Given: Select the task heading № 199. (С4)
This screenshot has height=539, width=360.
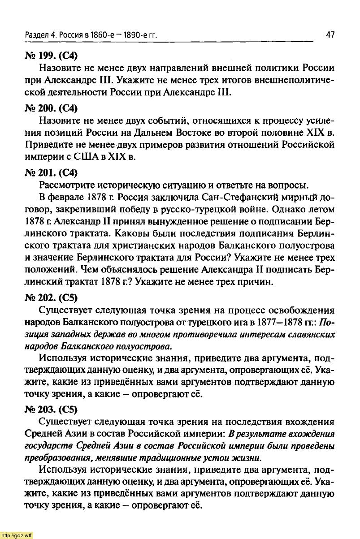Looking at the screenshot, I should [45, 56].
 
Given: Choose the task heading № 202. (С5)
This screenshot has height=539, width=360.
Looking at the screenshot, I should [45, 297].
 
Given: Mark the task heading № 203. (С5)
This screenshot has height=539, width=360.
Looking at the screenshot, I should [45, 410].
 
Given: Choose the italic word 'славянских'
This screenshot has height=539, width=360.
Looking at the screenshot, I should [312, 335].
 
